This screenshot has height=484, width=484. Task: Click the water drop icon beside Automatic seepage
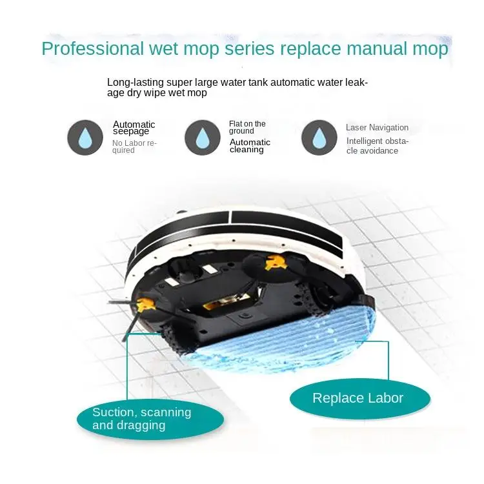[85, 137]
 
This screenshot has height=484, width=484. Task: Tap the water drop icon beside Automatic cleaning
[202, 137]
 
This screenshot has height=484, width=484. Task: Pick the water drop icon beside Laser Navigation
[319, 137]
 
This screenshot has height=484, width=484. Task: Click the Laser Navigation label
[377, 128]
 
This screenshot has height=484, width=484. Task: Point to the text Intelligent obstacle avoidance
[377, 146]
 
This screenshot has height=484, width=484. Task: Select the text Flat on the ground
[247, 127]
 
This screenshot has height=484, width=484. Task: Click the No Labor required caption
[134, 146]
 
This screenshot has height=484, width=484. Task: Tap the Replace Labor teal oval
[358, 398]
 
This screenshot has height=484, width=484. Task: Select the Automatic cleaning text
[250, 146]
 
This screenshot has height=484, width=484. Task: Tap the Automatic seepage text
[134, 128]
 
